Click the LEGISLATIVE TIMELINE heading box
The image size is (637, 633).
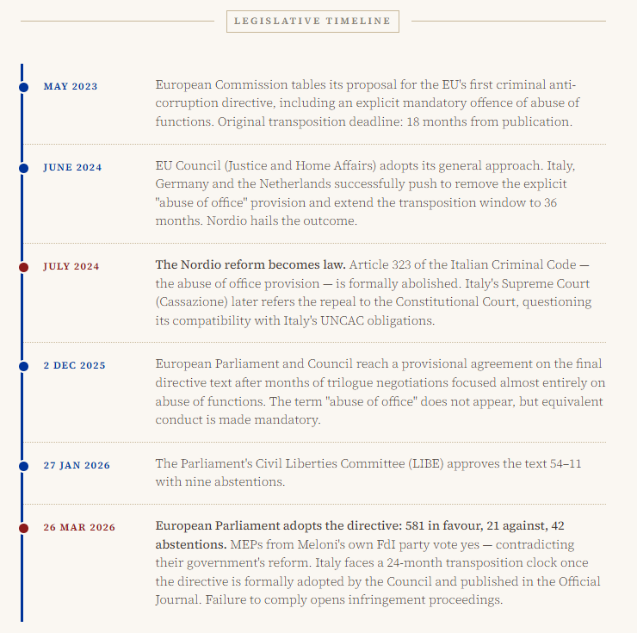click(x=312, y=21)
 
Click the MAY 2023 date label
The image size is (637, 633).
click(x=71, y=86)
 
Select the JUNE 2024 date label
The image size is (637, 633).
click(x=72, y=167)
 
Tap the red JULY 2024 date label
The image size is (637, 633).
click(x=71, y=266)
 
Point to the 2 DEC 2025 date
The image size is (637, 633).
click(x=74, y=365)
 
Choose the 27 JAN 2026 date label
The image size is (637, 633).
click(x=77, y=465)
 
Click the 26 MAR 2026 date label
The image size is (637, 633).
click(x=79, y=527)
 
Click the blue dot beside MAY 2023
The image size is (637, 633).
click(x=23, y=86)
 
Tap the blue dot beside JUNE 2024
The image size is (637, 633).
click(x=23, y=167)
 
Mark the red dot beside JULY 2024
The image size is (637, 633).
click(x=23, y=266)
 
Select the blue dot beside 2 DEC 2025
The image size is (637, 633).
click(x=23, y=365)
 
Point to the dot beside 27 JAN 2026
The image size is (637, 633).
click(x=23, y=465)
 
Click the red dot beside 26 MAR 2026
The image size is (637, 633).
click(x=23, y=527)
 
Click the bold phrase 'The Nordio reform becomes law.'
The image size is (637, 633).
click(x=250, y=264)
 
